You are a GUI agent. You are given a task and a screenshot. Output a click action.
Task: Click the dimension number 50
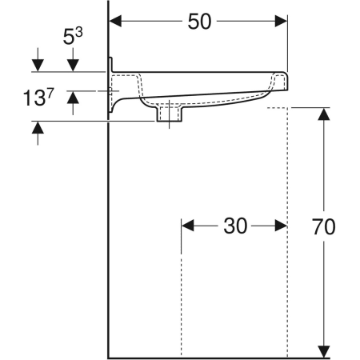tap(199, 22)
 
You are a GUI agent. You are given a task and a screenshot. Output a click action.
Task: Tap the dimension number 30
tap(235, 226)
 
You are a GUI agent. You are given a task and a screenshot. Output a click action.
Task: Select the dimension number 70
tap(324, 227)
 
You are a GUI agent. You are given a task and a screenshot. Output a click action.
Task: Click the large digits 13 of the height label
tap(34, 98)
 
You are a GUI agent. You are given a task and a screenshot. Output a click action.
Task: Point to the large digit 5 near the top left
tap(68, 37)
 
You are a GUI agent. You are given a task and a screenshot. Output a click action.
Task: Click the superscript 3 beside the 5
tap(78, 33)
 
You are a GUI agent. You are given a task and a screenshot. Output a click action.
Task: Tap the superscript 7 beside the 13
tap(50, 93)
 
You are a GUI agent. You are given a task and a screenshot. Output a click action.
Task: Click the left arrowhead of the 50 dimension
tap(115, 21)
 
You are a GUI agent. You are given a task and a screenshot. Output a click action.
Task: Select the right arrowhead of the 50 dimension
tap(281, 21)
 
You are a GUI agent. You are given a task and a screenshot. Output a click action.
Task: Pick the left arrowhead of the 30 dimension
tap(187, 226)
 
